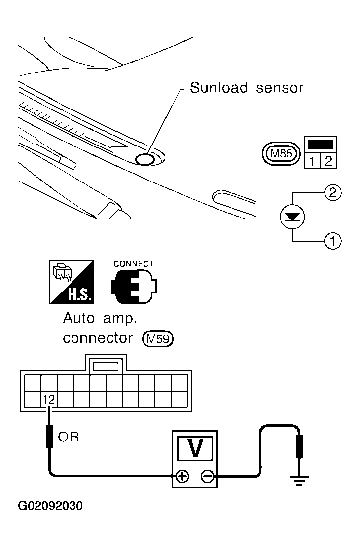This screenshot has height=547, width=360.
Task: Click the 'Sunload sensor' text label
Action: (x=246, y=88)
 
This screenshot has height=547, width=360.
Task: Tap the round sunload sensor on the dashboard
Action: (x=144, y=159)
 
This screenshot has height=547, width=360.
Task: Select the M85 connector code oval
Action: (x=281, y=153)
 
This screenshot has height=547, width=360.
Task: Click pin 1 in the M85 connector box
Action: (x=312, y=161)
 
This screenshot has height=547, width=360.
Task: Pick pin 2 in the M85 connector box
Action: (x=328, y=161)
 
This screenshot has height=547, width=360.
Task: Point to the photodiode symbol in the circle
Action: (x=292, y=217)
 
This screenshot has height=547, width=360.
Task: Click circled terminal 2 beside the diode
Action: (x=333, y=192)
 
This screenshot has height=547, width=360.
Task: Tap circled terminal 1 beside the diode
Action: (x=333, y=241)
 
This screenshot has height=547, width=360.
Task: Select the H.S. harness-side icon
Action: (x=72, y=282)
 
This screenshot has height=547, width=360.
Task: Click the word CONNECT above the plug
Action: (x=134, y=264)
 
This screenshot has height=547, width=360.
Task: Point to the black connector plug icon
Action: (x=134, y=287)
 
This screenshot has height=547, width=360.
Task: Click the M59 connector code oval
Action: (x=158, y=339)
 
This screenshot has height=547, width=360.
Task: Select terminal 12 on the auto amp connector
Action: (x=49, y=399)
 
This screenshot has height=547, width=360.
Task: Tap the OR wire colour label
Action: (x=69, y=437)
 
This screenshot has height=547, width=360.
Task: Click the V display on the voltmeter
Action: (x=195, y=448)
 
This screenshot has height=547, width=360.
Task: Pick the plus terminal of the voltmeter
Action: (x=183, y=476)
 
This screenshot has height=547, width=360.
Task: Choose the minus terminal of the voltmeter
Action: (x=208, y=476)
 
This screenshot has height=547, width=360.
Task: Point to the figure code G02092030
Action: (x=50, y=506)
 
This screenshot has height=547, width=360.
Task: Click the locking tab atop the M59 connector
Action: (x=106, y=365)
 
